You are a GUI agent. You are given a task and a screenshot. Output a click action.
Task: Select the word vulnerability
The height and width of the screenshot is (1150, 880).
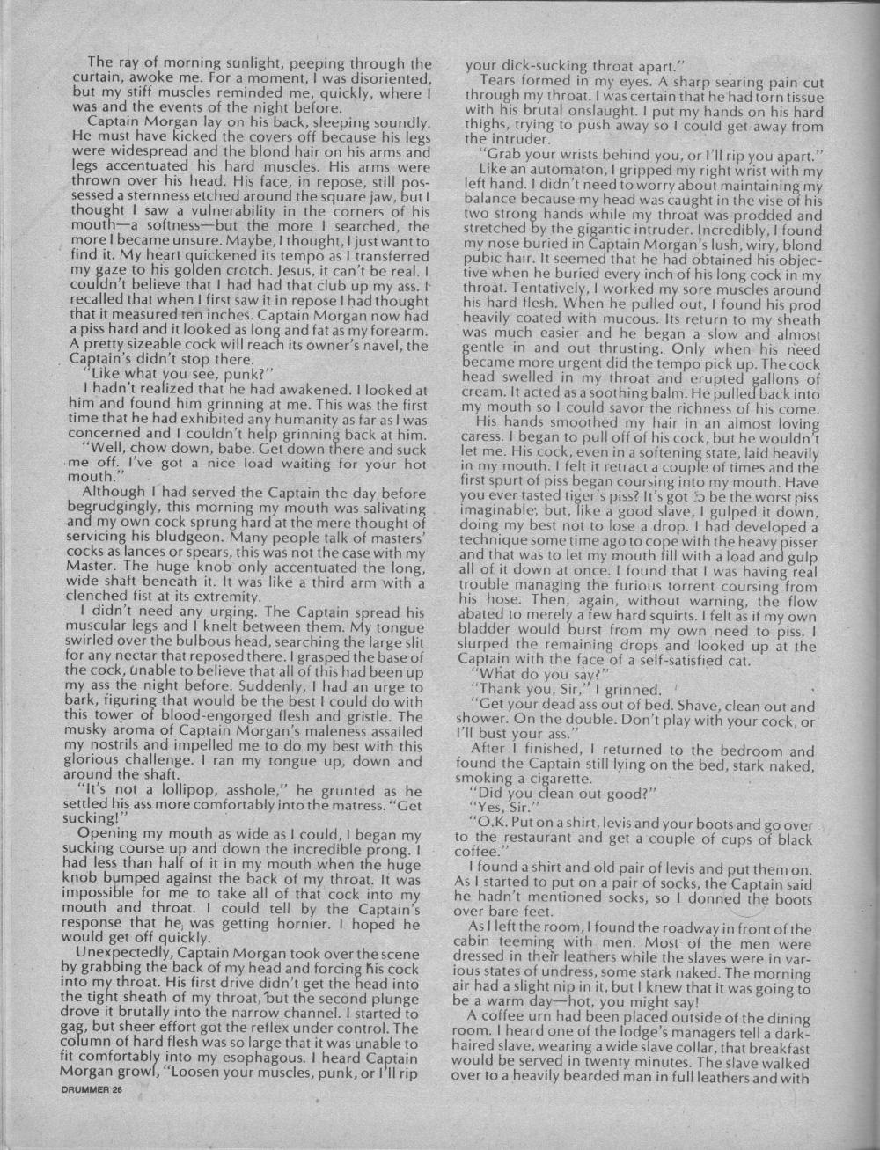click(228, 212)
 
